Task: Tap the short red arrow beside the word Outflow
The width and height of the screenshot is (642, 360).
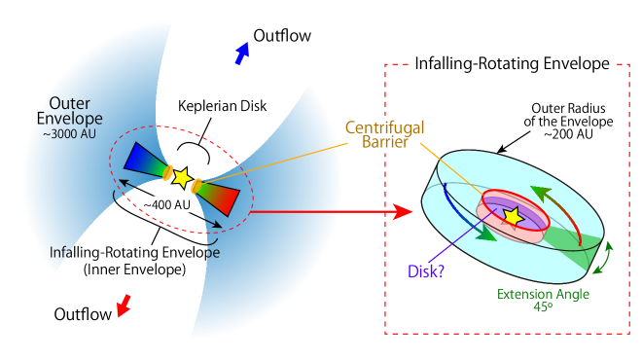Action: pos(124,307)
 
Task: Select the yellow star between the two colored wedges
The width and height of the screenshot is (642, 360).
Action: pos(181,177)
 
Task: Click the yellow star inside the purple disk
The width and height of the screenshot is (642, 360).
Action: pos(512,216)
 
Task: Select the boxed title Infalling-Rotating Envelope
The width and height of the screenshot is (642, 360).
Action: pos(512,65)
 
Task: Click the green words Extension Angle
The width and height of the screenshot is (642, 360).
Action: pos(543,294)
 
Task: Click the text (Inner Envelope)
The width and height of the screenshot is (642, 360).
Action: pos(134,269)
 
